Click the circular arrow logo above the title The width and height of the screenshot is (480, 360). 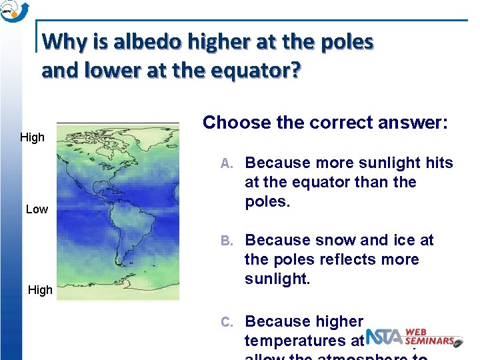14,11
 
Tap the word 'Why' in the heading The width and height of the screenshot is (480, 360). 61,42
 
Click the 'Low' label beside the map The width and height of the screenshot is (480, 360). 37,209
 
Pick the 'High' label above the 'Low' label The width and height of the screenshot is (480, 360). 32,137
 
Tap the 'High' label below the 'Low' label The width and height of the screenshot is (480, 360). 39,290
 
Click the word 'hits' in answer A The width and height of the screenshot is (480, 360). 439,163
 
